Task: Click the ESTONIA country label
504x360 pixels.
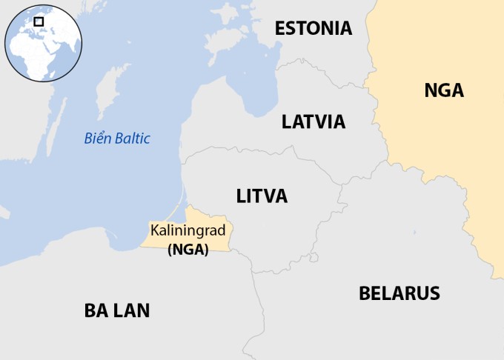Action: point(313,29)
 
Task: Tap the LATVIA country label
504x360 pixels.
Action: point(314,122)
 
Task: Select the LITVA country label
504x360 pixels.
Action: point(262,196)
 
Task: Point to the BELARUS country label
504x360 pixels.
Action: point(399,293)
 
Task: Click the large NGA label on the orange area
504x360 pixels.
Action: point(444,91)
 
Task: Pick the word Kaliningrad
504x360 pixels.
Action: point(188,231)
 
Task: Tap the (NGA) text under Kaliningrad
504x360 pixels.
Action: point(188,250)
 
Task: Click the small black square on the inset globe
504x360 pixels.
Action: point(39,21)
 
